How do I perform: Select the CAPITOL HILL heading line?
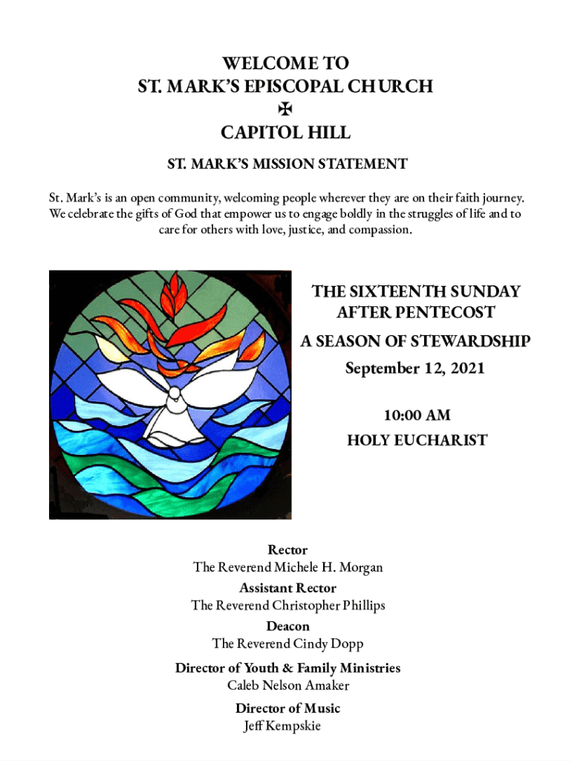tap(286, 133)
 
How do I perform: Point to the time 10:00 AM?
tap(416, 415)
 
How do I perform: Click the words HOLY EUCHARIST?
tap(417, 440)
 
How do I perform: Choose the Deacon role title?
tap(287, 626)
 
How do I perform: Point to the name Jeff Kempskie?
tap(282, 726)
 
